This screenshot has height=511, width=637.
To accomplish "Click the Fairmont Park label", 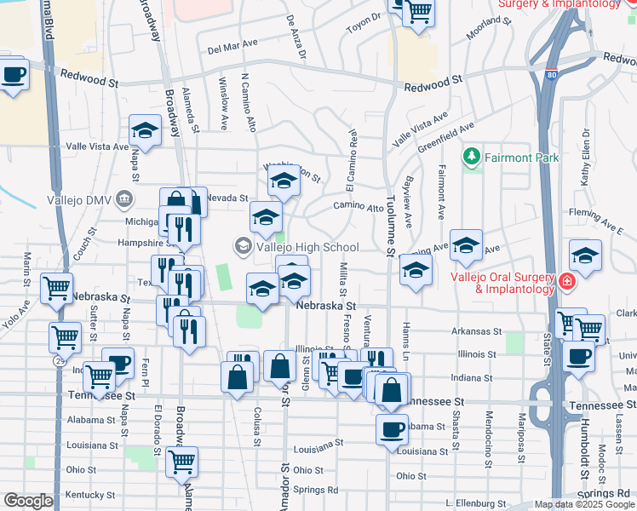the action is point(523,158).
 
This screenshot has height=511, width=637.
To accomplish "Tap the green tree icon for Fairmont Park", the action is point(471,158).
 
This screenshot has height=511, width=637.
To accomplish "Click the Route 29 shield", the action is point(59,361).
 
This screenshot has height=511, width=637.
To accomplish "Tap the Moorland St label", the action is point(488,31).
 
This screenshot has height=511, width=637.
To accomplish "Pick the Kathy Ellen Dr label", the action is point(587,157).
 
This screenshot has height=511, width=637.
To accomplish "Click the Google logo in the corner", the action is point(28,501).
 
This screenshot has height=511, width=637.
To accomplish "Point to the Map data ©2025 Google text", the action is point(585,504).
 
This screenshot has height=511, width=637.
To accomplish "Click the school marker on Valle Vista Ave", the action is point(145,132).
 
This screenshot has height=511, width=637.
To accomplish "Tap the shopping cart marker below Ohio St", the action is point(181,462).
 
